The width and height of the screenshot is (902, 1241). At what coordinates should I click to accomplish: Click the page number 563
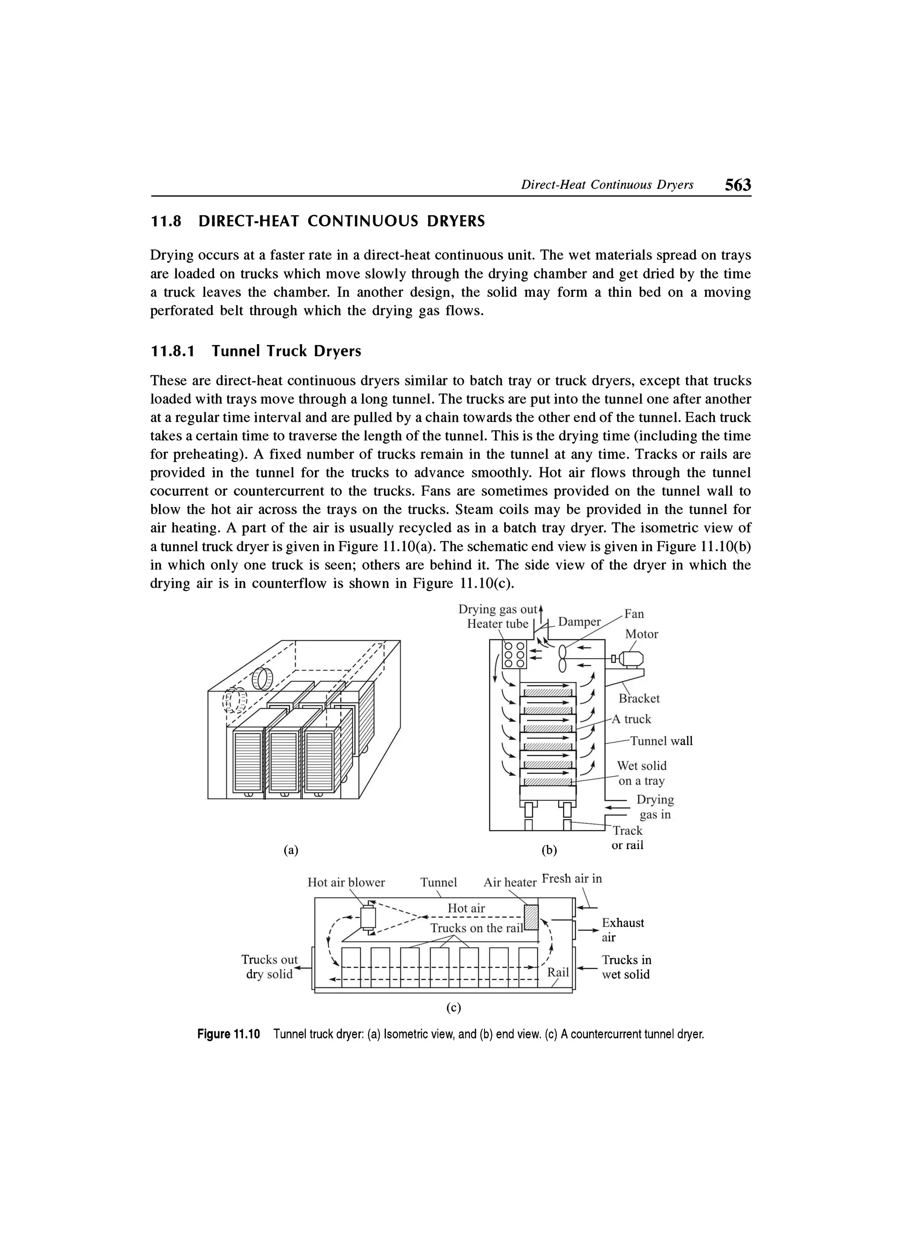click(x=737, y=185)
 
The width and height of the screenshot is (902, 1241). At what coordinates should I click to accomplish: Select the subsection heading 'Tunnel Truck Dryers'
click(x=287, y=351)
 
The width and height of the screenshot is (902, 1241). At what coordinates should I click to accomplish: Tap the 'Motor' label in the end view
click(x=642, y=634)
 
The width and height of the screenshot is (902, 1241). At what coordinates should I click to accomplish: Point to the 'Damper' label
click(x=579, y=622)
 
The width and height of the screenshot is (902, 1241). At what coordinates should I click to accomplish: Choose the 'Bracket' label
click(x=639, y=699)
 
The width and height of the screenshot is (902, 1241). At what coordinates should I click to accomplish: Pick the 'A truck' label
click(x=631, y=719)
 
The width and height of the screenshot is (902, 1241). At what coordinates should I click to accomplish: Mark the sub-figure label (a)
click(x=291, y=849)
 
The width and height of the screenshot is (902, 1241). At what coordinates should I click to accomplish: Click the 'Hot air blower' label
click(x=346, y=882)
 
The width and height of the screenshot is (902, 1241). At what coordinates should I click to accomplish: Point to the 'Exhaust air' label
click(x=622, y=930)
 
